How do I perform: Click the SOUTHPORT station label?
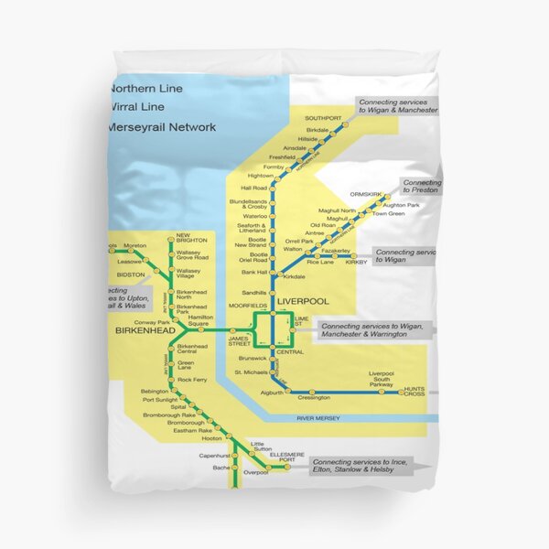point(322,119)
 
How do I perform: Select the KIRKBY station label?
point(356,263)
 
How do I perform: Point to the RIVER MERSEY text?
point(318,418)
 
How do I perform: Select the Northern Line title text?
point(146,89)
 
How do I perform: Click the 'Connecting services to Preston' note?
point(422,188)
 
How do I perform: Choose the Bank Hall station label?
point(254,272)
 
